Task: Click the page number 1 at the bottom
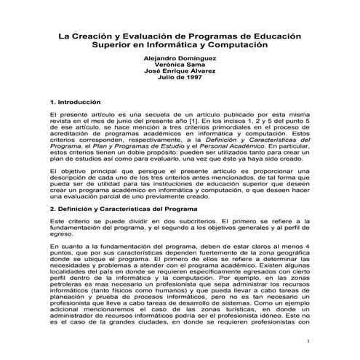tap(309, 342)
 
